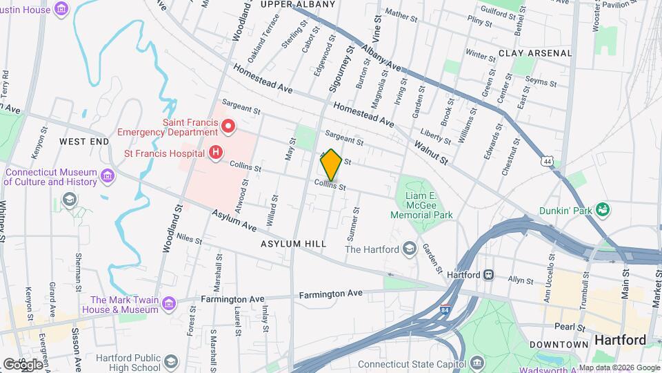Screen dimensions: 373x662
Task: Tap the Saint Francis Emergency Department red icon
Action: click(x=228, y=126)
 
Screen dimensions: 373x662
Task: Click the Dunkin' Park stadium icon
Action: click(x=603, y=209)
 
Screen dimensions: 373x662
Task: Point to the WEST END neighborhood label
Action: click(x=84, y=141)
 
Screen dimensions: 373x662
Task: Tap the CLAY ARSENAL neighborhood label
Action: click(x=535, y=53)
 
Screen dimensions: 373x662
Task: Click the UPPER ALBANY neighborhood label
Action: click(x=298, y=5)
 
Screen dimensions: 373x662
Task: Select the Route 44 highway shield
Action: click(x=547, y=161)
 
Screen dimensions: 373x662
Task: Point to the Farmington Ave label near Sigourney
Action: click(x=330, y=294)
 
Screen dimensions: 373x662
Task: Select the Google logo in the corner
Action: click(x=22, y=363)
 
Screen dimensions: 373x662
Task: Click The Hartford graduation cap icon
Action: click(x=410, y=249)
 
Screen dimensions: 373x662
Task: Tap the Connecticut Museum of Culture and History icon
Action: click(x=107, y=177)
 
